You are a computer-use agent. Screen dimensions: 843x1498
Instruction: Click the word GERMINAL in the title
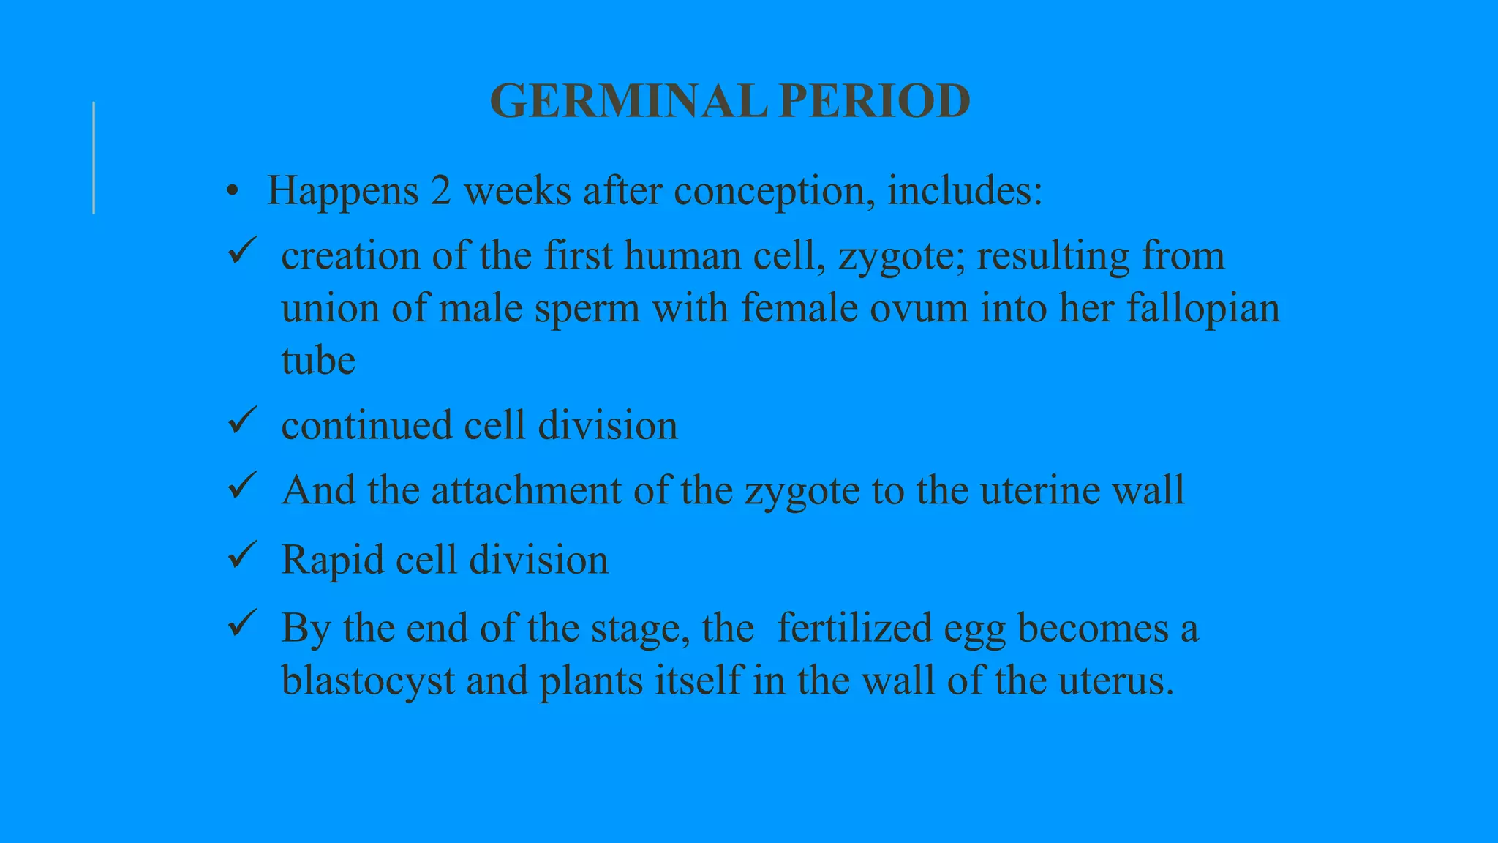[628, 101]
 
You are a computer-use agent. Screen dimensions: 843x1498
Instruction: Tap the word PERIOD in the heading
[875, 101]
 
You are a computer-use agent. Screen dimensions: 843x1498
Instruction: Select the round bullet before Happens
[233, 192]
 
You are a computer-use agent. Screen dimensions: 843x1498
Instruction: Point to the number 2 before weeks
[440, 191]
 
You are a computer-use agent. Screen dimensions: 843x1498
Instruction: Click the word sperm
[587, 309]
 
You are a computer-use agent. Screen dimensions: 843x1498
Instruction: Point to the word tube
[318, 361]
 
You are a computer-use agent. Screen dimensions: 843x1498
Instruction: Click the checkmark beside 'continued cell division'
[241, 421]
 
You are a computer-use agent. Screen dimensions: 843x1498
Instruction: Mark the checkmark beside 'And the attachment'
[241, 485]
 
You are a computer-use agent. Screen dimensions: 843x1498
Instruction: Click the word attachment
[526, 490]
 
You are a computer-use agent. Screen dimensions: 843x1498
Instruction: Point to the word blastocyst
[368, 681]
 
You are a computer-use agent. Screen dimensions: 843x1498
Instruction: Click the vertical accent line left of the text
[94, 158]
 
